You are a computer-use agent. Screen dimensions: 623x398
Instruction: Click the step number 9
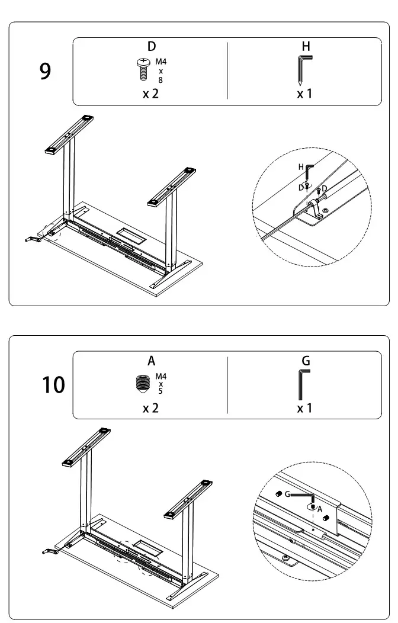46,72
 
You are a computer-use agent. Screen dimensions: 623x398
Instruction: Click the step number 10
53,385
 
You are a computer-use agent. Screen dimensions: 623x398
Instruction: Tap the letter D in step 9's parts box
151,47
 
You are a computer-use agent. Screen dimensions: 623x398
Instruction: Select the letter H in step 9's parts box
306,46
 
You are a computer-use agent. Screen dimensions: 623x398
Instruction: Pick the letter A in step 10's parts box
152,361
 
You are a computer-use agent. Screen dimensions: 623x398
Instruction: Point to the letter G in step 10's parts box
306,360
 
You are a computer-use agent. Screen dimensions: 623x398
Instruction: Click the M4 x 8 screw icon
142,69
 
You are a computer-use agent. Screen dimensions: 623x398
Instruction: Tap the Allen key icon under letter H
303,70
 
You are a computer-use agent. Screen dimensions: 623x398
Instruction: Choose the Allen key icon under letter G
303,384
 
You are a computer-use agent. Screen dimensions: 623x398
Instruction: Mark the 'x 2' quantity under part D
150,94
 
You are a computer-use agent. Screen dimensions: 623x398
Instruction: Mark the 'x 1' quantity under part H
304,94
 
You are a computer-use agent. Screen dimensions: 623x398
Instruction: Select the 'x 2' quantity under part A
150,408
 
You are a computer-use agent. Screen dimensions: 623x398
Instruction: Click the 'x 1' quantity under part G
304,408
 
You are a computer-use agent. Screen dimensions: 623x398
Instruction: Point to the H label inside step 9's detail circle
300,168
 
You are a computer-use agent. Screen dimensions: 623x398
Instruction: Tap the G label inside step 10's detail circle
287,493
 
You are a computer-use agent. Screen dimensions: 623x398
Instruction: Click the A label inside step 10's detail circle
319,509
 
